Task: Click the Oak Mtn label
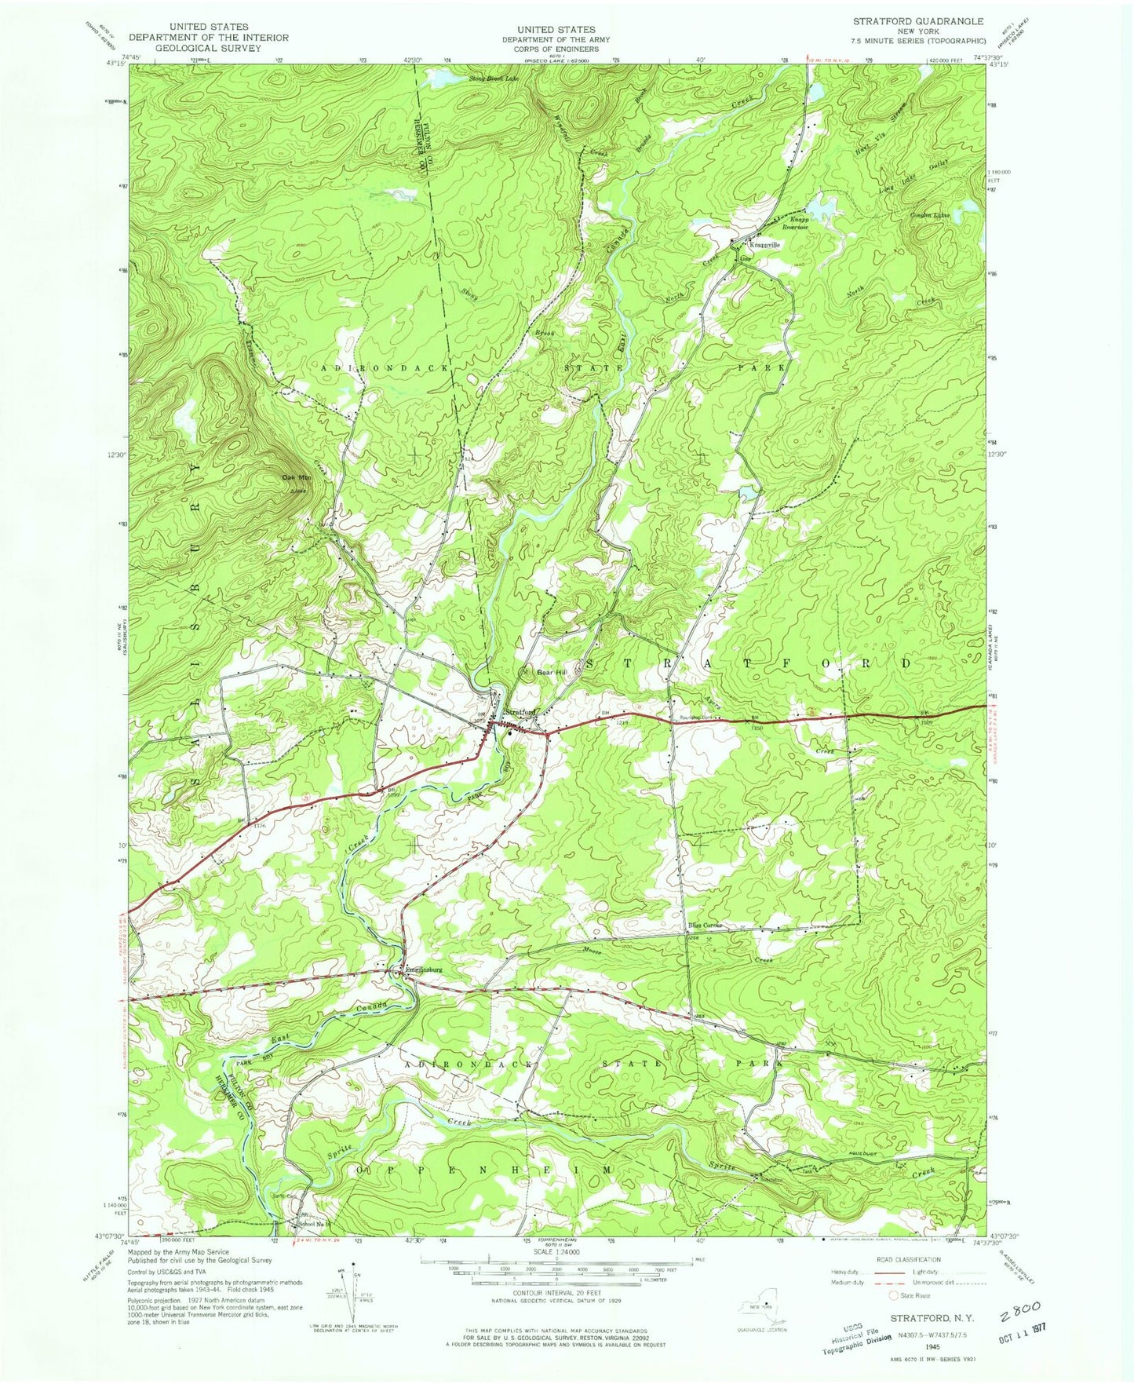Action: point(290,477)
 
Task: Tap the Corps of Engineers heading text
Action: point(555,49)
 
